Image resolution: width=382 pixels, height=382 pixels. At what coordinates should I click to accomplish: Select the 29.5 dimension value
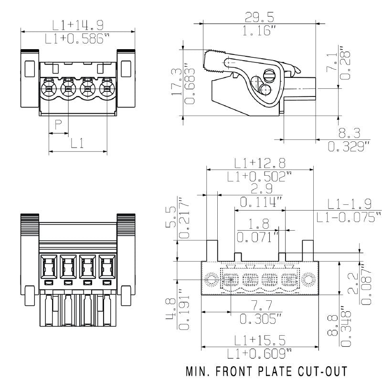point(259,18)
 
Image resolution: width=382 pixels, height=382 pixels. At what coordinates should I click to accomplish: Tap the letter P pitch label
point(58,125)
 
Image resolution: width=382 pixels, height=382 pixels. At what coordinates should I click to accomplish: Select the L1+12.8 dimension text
point(259,163)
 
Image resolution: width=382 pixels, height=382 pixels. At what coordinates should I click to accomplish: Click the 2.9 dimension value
point(260,189)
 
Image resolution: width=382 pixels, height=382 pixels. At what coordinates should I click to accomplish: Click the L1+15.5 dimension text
point(259,340)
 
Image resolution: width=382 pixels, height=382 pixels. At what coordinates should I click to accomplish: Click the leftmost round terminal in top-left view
point(49,88)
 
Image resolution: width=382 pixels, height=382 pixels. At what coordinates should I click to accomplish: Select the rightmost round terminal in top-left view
point(106,88)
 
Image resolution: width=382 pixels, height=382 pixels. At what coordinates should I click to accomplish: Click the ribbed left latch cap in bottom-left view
point(29,222)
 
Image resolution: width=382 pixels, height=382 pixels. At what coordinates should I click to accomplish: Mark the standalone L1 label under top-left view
point(77,143)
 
